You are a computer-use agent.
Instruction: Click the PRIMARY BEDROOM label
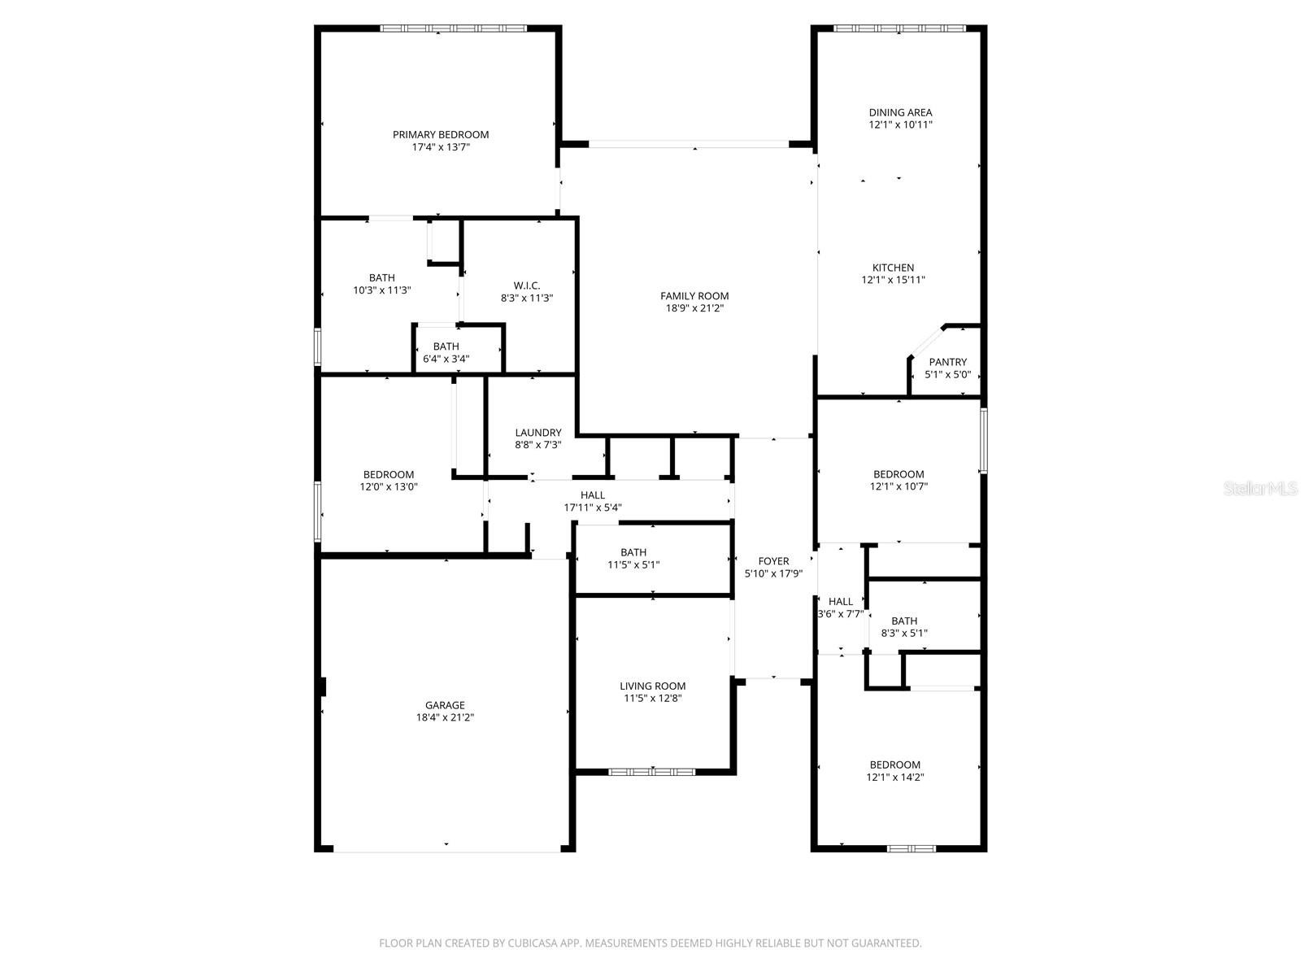point(441,134)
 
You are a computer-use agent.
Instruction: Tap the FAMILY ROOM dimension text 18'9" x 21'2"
point(694,308)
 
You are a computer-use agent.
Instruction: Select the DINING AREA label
point(900,112)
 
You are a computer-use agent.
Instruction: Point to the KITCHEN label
point(893,268)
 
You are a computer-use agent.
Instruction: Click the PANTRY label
point(948,362)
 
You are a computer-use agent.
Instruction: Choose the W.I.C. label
point(526,285)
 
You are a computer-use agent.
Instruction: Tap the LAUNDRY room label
point(537,433)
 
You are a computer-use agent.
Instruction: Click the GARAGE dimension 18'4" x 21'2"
point(445,717)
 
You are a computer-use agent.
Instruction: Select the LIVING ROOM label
point(653,686)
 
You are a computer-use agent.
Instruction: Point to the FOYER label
point(773,560)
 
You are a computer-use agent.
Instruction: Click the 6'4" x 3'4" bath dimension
point(446,359)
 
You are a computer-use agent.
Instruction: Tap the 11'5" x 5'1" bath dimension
point(633,564)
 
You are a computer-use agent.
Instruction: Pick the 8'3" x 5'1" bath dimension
point(904,633)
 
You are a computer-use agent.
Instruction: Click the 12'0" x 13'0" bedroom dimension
point(388,486)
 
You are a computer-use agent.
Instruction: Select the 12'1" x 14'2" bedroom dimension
point(895,777)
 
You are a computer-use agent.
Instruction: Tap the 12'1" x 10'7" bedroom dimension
point(899,486)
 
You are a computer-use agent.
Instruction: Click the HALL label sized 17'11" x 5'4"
point(593,495)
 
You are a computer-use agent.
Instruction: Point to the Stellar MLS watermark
point(1260,488)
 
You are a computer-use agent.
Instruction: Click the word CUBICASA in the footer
point(533,943)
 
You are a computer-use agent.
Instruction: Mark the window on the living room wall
point(651,772)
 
